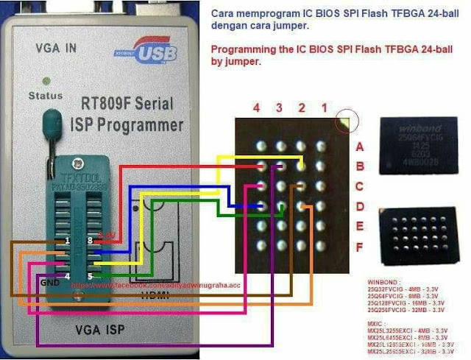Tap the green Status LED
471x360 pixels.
47,80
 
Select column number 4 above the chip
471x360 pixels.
256,107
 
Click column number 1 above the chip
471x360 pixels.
324,107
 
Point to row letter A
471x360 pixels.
359,147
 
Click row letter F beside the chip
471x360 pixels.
359,247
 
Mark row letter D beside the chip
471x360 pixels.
359,206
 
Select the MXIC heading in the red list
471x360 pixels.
378,322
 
